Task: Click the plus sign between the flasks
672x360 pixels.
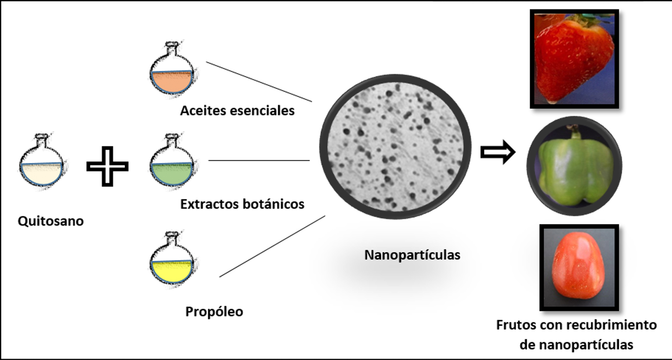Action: tap(107, 166)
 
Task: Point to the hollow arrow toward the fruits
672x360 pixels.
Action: tap(498, 152)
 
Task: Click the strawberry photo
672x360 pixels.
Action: tap(574, 59)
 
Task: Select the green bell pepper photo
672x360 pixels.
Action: tap(574, 166)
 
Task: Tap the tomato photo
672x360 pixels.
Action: tap(579, 267)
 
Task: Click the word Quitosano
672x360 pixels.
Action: tap(51, 221)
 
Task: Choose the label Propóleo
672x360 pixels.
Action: tap(214, 311)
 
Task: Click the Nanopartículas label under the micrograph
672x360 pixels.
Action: tap(412, 255)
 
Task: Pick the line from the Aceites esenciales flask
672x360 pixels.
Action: tap(259, 82)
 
